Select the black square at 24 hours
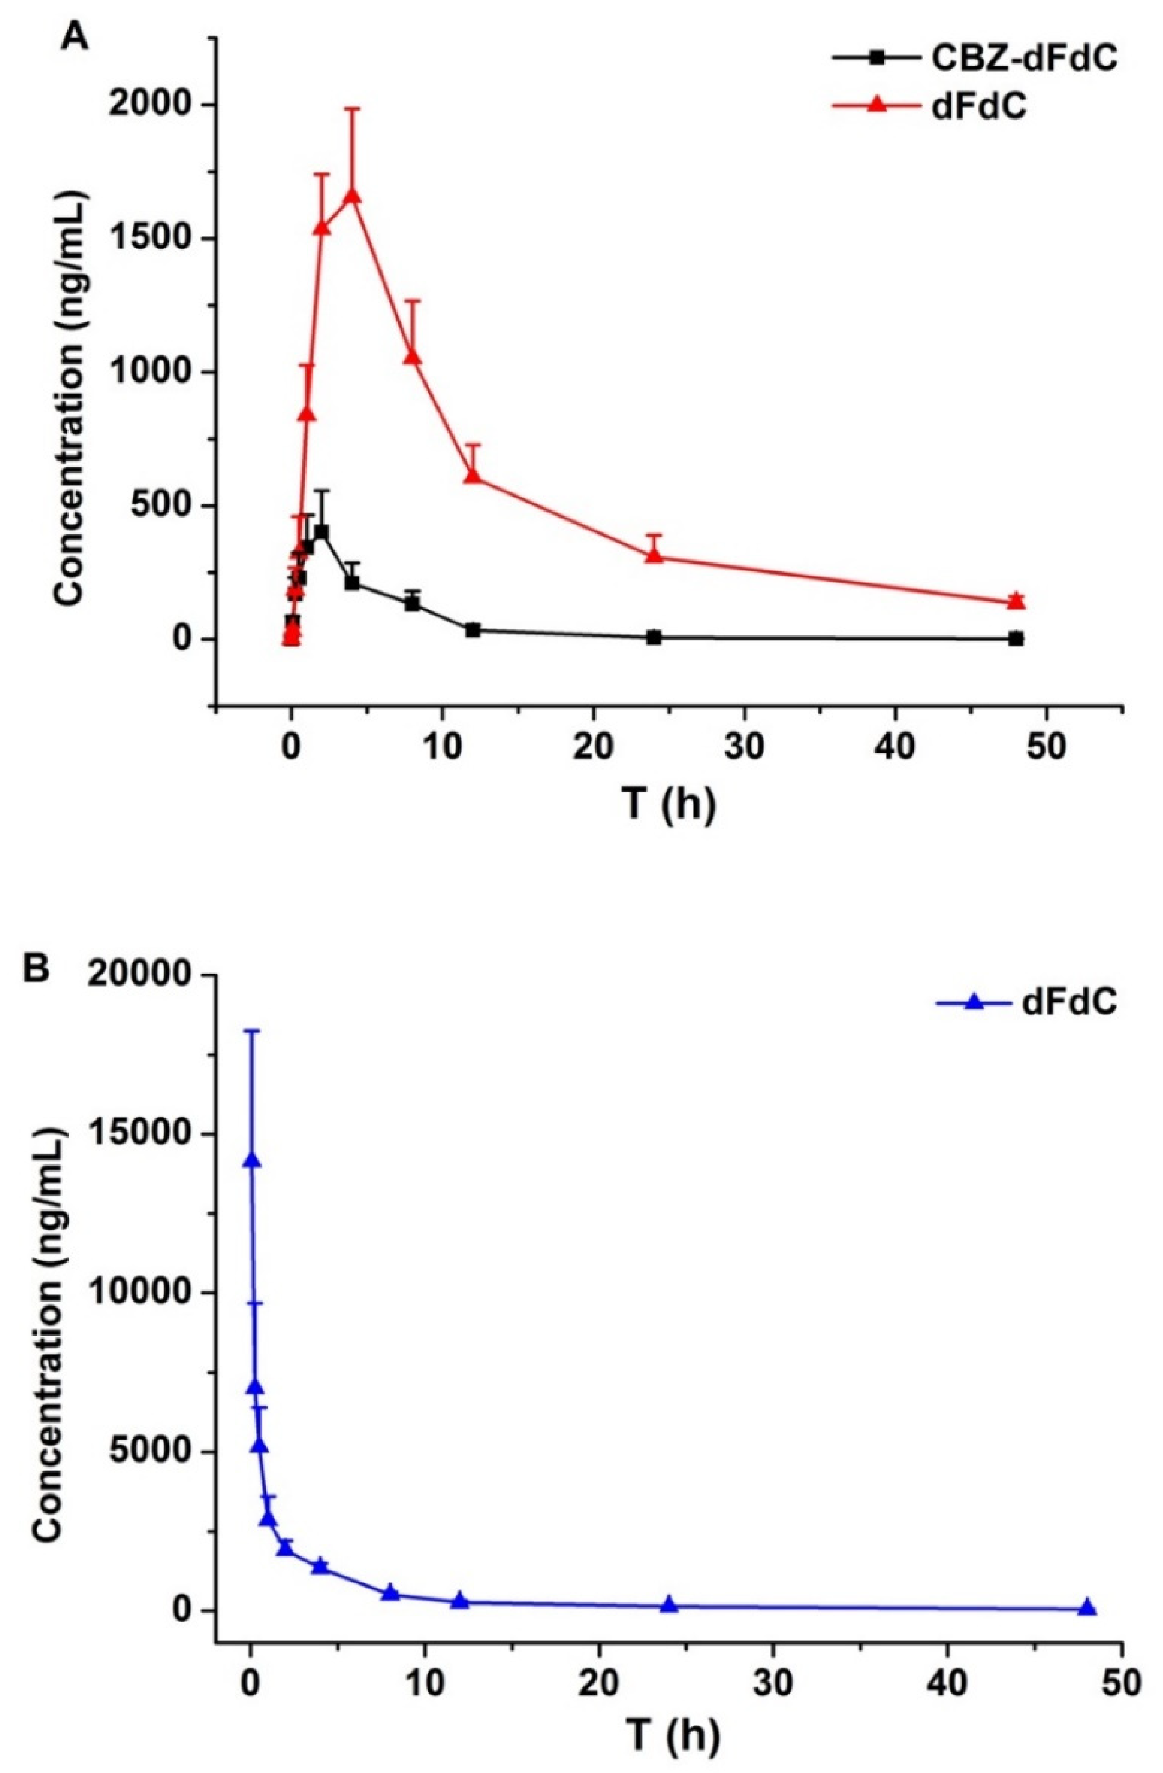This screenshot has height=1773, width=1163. point(654,637)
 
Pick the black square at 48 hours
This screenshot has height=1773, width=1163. point(1016,639)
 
